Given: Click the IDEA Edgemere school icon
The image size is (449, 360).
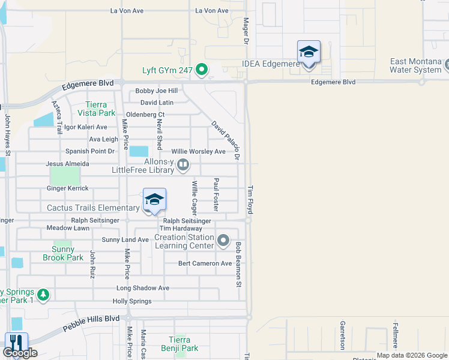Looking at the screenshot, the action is (x=309, y=53).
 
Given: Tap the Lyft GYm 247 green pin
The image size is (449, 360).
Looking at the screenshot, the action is (x=202, y=70).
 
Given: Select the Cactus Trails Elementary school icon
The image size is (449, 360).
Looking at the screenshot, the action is (x=154, y=201).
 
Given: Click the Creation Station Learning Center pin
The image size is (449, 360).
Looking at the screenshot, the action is (x=223, y=241).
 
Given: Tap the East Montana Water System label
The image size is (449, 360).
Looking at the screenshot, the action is (x=415, y=65).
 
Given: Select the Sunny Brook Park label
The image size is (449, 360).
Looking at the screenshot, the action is (x=62, y=253).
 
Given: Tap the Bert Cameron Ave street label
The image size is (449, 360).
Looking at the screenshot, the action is (x=205, y=263).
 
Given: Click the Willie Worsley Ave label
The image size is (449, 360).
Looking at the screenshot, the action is (x=198, y=152).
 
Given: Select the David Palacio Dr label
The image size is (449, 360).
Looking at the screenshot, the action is (x=226, y=140).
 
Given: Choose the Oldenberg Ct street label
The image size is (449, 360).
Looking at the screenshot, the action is (x=145, y=115).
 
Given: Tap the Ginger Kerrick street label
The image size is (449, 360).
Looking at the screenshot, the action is (x=67, y=188).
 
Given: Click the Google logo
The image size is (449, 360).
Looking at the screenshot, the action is (x=20, y=353).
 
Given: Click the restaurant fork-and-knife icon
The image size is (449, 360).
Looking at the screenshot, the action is (x=16, y=342).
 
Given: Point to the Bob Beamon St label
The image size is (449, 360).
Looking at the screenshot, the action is (x=238, y=263).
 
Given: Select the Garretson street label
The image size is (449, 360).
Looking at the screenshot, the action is (x=343, y=334).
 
